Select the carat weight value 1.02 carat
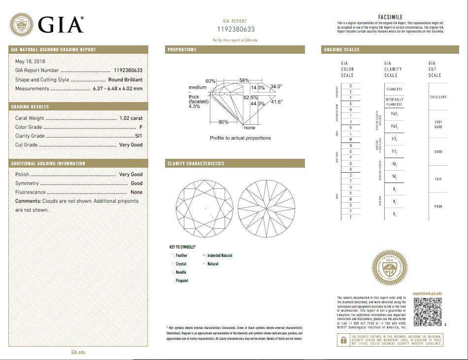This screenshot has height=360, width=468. (x=131, y=118)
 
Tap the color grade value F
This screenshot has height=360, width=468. (x=141, y=127)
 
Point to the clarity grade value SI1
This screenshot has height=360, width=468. (x=138, y=136)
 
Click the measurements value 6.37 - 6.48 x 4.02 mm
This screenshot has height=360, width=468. (x=118, y=89)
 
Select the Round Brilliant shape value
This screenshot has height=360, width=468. (x=126, y=79)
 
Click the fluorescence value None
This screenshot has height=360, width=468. (x=136, y=192)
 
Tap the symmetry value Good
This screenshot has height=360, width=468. (x=136, y=183)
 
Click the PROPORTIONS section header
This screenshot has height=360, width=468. (x=182, y=50)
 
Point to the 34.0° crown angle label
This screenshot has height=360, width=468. (x=276, y=86)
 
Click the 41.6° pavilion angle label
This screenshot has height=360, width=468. (x=276, y=102)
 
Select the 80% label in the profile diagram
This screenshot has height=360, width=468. (x=223, y=122)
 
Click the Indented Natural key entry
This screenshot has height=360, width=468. (x=220, y=255)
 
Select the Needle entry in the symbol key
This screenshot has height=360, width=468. (x=181, y=272)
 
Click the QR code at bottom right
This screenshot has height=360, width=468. (x=427, y=312)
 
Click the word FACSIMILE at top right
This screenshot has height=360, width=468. (x=390, y=17)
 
